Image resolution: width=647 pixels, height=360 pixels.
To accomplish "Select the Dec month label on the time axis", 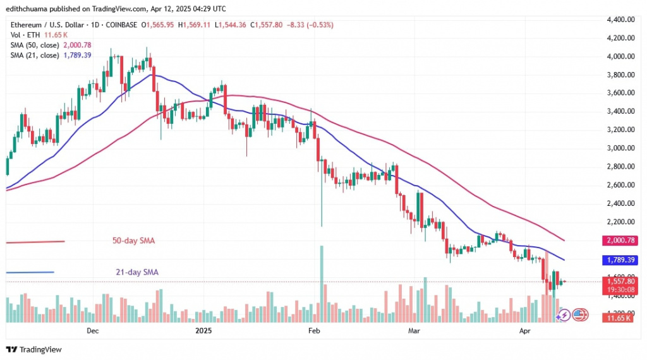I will coord(93,330).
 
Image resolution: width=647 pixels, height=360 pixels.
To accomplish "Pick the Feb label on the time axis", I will coord(314,330).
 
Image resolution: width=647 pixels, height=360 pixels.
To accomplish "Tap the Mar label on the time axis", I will coord(414,330).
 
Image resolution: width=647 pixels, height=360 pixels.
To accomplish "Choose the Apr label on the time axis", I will coord(525,330).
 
